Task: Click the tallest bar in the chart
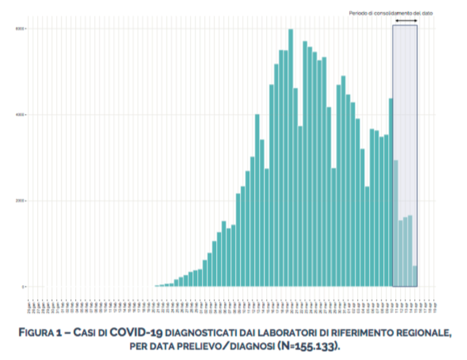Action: tap(290, 158)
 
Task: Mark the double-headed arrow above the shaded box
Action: tap(406, 20)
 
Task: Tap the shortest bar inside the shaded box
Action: tap(415, 276)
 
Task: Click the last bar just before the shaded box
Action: tap(391, 193)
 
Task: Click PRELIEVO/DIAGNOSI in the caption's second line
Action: tap(228, 345)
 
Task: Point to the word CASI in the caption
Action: tap(86, 333)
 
